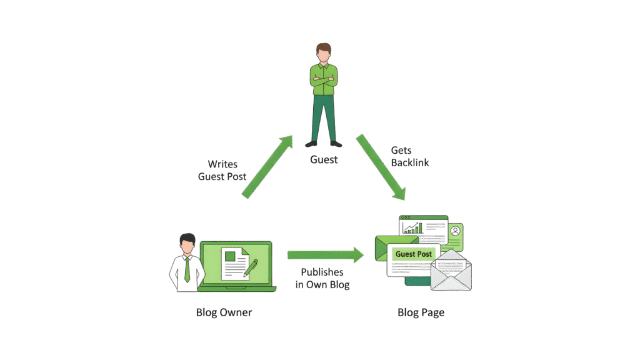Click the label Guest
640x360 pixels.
pyautogui.click(x=324, y=160)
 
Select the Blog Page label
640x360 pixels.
pyautogui.click(x=421, y=312)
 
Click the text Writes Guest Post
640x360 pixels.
pyautogui.click(x=222, y=171)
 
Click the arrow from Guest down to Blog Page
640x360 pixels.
pyautogui.click(x=381, y=167)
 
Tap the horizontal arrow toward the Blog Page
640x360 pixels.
pyautogui.click(x=325, y=254)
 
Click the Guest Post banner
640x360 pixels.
pyautogui.click(x=414, y=254)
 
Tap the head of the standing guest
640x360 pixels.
pyautogui.click(x=323, y=52)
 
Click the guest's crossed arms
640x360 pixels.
pyautogui.click(x=323, y=79)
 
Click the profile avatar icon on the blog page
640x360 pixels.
pyautogui.click(x=456, y=231)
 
